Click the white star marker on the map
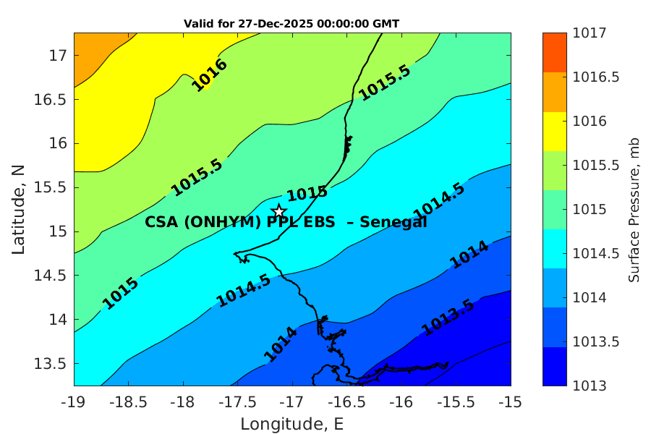[279, 211]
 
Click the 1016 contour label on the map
[210, 75]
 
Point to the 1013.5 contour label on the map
[448, 317]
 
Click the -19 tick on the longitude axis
[74, 401]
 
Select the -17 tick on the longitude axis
[292, 401]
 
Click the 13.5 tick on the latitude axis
[51, 363]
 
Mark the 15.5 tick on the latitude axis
[51, 187]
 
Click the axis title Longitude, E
[292, 423]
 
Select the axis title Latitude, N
[19, 209]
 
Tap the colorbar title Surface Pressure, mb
[634, 209]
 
